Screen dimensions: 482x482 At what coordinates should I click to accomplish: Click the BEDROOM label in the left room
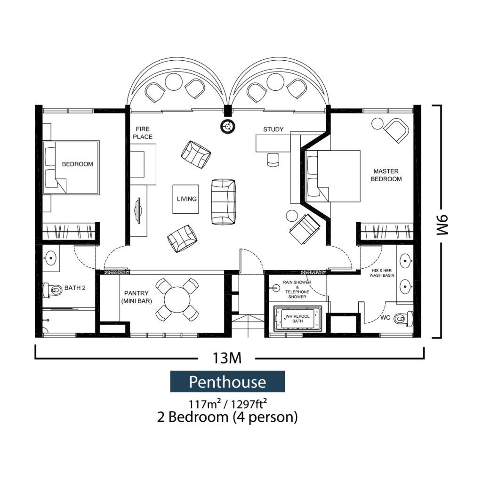pyautogui.click(x=77, y=164)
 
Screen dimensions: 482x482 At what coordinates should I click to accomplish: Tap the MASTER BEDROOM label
pyautogui.click(x=386, y=175)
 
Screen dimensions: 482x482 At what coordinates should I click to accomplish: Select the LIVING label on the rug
pyautogui.click(x=186, y=199)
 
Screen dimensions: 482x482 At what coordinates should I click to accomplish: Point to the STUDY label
pyautogui.click(x=273, y=129)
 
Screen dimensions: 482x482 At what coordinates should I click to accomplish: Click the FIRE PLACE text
pyautogui.click(x=143, y=133)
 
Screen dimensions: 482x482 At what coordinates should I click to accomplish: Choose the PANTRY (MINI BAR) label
pyautogui.click(x=137, y=297)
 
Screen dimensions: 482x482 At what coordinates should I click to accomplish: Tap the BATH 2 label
pyautogui.click(x=75, y=288)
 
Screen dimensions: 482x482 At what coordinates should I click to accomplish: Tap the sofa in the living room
pyautogui.click(x=223, y=201)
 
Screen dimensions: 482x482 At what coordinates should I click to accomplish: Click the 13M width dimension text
pyautogui.click(x=227, y=358)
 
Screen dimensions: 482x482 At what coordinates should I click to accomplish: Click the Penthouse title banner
pyautogui.click(x=227, y=382)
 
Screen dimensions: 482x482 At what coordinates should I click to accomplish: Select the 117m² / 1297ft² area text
pyautogui.click(x=227, y=403)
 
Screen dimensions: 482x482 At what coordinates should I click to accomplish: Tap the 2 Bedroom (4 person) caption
pyautogui.click(x=227, y=417)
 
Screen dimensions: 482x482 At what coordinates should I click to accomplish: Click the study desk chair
pyautogui.click(x=273, y=160)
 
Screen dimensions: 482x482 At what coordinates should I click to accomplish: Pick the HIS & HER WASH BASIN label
pyautogui.click(x=384, y=273)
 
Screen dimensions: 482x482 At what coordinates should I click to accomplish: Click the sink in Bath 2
pyautogui.click(x=51, y=258)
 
